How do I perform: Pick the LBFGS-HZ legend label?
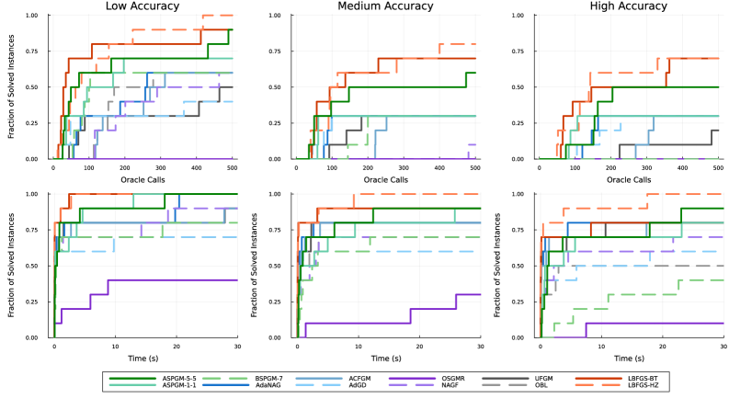644,387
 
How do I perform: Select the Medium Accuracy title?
386,7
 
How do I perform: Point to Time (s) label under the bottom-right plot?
629,357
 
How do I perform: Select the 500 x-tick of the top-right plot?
717,167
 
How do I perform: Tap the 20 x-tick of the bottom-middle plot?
418,346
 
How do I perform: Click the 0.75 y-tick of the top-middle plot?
281,51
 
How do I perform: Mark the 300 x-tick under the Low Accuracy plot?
161,167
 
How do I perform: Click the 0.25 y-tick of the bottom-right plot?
524,302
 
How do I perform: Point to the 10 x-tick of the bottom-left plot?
115,346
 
